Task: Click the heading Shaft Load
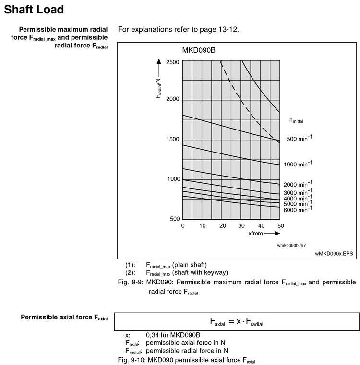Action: click(34, 9)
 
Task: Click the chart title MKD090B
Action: click(199, 51)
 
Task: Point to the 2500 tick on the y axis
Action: click(172, 62)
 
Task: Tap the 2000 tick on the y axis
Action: click(172, 99)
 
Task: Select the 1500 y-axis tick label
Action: click(172, 140)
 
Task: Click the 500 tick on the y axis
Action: click(174, 219)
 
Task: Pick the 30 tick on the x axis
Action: click(241, 226)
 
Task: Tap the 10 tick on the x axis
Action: click(202, 226)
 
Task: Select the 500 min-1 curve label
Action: click(300, 138)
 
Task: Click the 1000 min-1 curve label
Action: click(298, 164)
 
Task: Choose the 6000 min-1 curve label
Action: click(298, 210)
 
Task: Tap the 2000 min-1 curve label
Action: click(298, 184)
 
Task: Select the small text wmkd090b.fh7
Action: click(291, 245)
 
